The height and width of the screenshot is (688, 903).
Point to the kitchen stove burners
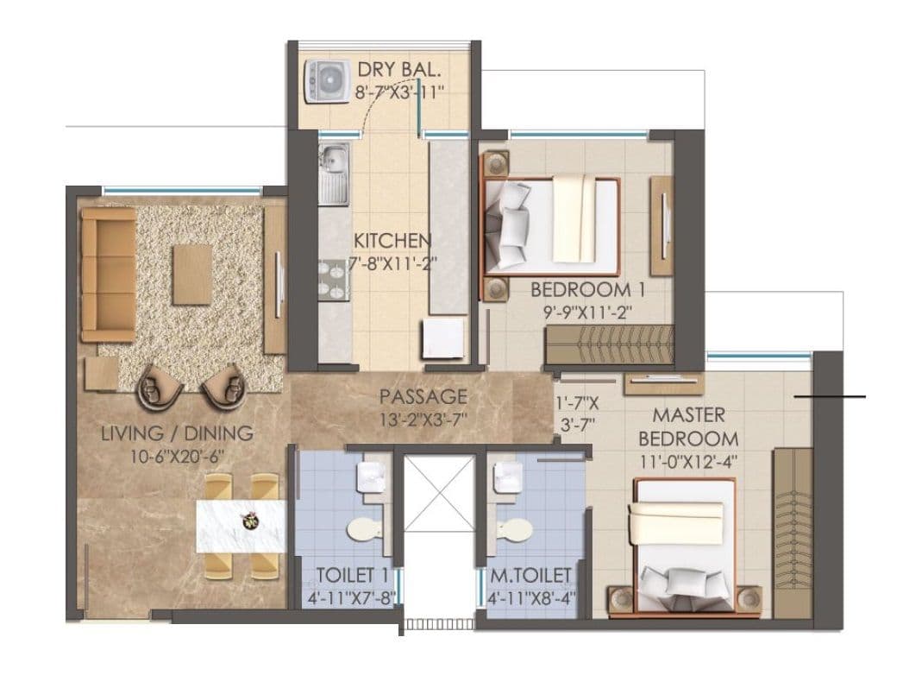[331, 278]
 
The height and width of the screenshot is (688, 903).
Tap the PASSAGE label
[423, 397]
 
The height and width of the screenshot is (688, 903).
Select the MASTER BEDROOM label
[687, 426]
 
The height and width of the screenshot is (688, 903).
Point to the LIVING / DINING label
[177, 433]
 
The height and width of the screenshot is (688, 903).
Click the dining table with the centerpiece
[241, 525]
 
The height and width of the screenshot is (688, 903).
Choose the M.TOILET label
[527, 574]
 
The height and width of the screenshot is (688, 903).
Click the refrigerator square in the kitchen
[442, 338]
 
